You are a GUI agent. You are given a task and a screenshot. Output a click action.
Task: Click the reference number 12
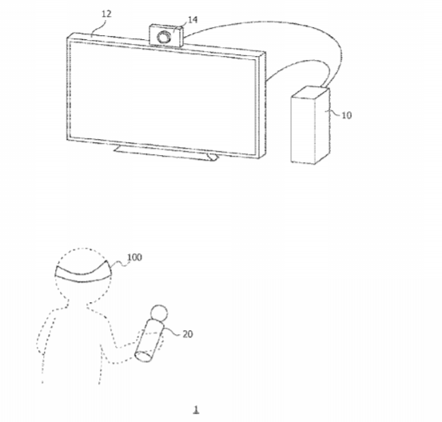106,14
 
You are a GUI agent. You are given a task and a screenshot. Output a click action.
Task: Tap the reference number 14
193,20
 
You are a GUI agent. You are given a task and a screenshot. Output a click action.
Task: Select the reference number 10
347,115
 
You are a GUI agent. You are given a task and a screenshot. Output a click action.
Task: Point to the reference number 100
134,257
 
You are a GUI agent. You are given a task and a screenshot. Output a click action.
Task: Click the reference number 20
188,334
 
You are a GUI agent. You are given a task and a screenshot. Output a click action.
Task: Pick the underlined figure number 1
196,409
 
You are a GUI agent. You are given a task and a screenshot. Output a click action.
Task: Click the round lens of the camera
164,38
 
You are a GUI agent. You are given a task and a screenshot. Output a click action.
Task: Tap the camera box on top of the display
166,36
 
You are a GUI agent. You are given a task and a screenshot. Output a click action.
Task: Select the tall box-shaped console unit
310,125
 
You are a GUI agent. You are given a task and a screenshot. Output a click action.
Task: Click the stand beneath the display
165,153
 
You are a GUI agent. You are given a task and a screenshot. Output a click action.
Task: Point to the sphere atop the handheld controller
159,313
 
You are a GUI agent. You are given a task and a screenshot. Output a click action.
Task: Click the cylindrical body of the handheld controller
149,340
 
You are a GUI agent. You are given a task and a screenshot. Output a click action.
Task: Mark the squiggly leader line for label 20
172,332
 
